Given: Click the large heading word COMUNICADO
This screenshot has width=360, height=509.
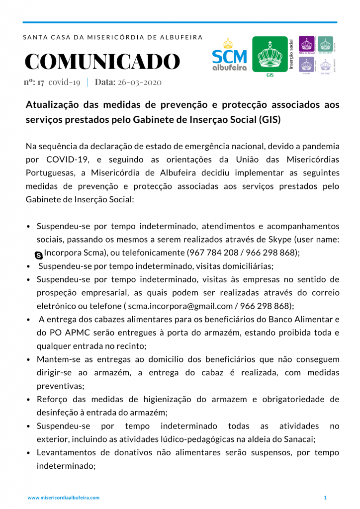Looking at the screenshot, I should point(102,62).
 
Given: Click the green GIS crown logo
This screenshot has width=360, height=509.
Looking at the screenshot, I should point(270,55).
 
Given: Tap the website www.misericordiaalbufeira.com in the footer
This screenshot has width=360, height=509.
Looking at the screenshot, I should point(64,498).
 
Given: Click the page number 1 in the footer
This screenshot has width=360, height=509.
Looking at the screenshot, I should point(325,498).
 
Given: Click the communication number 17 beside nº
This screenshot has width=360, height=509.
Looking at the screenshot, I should point(41,83).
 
